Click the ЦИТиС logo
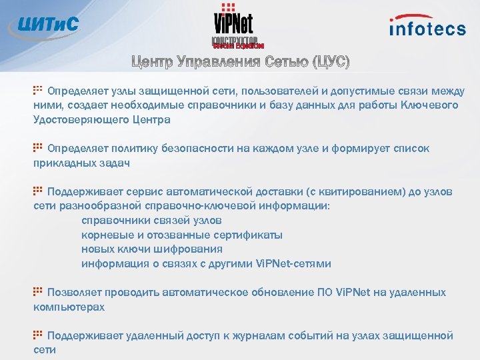pyautogui.click(x=44, y=25)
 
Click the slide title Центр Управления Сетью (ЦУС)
pyautogui.click(x=240, y=63)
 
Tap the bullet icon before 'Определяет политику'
pyautogui.click(x=38, y=147)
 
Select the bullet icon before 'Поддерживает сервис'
pyautogui.click(x=38, y=190)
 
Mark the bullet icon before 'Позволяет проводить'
pyautogui.click(x=38, y=291)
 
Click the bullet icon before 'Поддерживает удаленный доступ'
pyautogui.click(x=38, y=334)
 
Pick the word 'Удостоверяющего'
pyautogui.click(x=75, y=120)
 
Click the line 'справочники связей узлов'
pyautogui.click(x=151, y=221)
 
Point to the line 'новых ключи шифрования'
pyautogui.click(x=151, y=249)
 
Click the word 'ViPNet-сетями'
pyautogui.click(x=293, y=264)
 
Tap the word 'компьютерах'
pyautogui.click(x=69, y=307)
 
